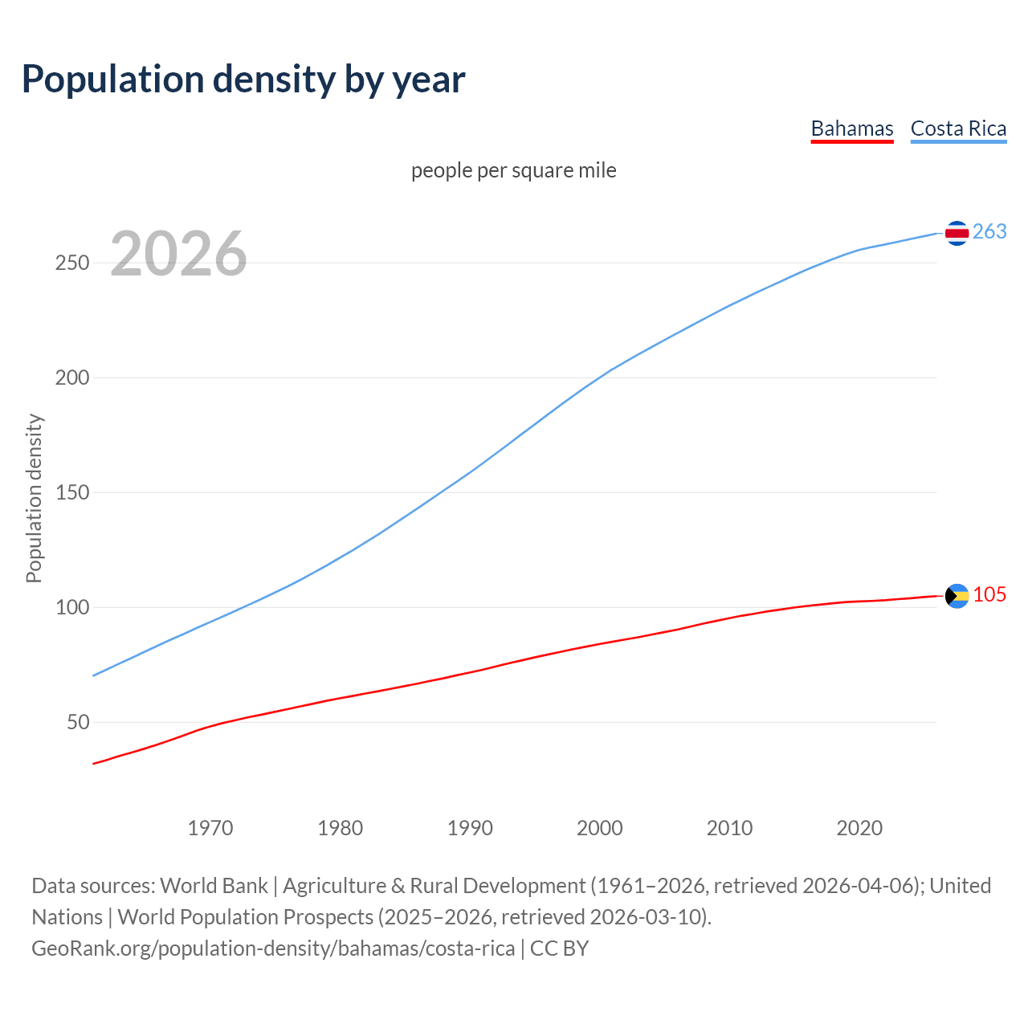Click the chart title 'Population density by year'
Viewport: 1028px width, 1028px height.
pos(243,79)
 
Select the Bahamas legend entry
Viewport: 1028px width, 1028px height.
pos(851,128)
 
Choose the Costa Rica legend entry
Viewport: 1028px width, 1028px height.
pos(958,128)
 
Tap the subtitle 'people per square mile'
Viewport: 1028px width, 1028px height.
pos(513,170)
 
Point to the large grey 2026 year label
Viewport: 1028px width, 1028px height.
pos(178,254)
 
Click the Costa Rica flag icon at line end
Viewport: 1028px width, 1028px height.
pos(957,233)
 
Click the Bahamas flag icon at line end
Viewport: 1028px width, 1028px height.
pos(957,596)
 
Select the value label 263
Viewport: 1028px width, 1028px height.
pos(989,231)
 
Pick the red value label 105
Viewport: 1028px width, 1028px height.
pos(989,594)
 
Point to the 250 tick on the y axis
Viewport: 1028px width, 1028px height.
pos(71,263)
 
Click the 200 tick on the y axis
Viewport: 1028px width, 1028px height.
pos(71,377)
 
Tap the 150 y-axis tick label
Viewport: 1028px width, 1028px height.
pos(71,492)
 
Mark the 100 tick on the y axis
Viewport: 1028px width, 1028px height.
pos(71,607)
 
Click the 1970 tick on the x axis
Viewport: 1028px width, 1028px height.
pos(210,828)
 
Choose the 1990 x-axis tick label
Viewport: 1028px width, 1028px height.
pos(470,828)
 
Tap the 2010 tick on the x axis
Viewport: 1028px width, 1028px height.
pos(729,828)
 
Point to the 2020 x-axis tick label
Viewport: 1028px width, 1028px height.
pos(859,828)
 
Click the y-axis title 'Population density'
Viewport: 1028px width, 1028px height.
pos(34,498)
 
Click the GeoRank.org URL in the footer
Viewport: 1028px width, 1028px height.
pos(273,948)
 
